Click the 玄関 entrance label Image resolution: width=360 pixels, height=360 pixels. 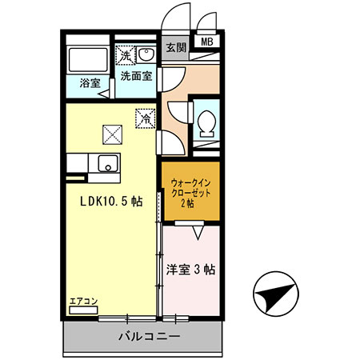(175, 47)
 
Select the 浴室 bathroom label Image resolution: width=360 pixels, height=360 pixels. (89, 82)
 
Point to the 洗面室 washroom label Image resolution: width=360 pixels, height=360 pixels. (136, 77)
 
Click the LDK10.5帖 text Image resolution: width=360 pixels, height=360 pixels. (110, 202)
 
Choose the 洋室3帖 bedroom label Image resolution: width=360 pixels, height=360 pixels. (190, 270)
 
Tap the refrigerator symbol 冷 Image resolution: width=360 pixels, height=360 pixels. (146, 117)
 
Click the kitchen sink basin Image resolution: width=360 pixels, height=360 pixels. (106, 163)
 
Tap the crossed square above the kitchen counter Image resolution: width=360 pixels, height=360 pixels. (111, 133)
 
